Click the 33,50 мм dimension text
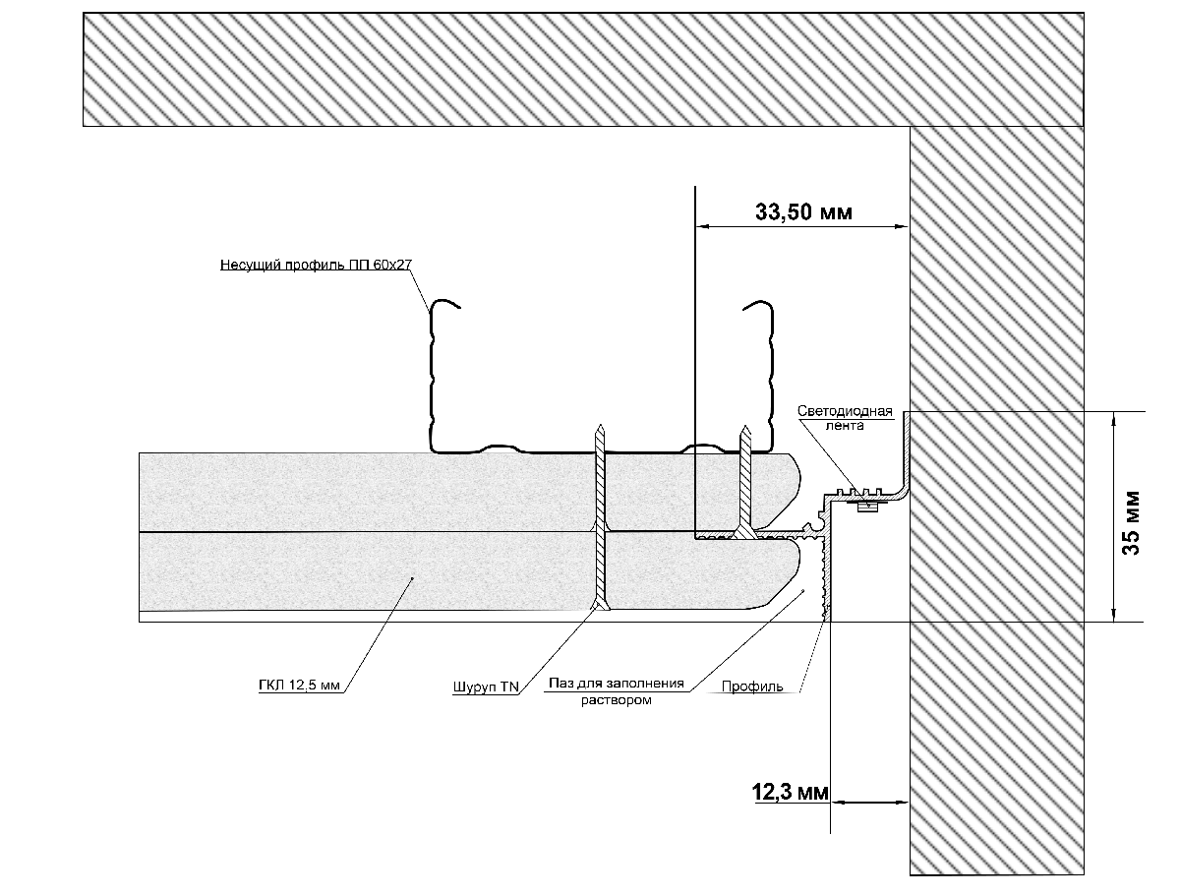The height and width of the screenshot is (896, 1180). [802, 211]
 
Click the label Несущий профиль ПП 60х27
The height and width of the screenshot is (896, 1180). [316, 265]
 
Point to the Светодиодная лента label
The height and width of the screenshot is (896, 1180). [845, 418]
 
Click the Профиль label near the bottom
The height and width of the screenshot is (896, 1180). [752, 687]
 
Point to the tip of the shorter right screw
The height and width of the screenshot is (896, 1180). [746, 430]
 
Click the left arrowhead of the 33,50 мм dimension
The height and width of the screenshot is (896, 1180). [701, 228]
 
